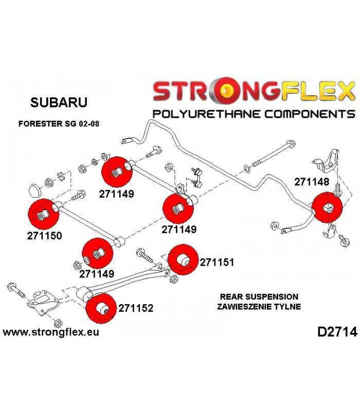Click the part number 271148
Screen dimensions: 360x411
(312, 182)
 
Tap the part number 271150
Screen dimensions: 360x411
(45, 236)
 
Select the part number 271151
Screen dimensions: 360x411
(217, 262)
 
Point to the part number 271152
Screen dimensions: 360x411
(136, 308)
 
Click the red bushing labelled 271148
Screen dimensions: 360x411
(327, 208)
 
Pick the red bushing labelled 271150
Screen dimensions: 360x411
(44, 214)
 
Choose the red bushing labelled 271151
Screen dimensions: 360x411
(183, 259)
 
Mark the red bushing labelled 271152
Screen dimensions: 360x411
(101, 309)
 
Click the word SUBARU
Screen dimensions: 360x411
(59, 102)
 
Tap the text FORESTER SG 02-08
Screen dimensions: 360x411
(59, 124)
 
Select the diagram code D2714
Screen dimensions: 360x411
(337, 332)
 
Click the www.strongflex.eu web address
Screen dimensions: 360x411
(51, 332)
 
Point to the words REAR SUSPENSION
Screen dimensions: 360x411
(259, 297)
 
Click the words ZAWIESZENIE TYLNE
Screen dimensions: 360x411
(259, 306)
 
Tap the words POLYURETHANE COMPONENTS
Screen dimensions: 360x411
(254, 114)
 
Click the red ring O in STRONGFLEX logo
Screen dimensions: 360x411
(226, 90)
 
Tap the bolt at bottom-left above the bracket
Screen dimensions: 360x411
(16, 290)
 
